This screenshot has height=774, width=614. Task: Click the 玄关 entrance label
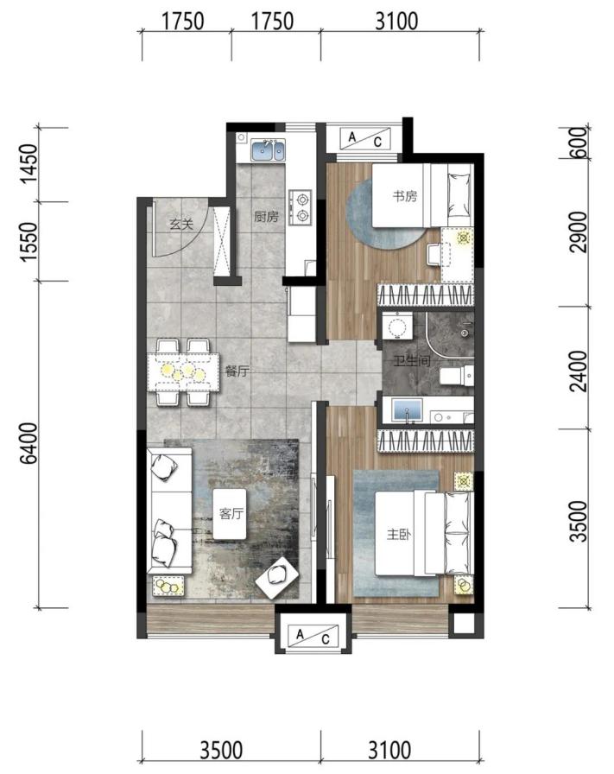pos(180,225)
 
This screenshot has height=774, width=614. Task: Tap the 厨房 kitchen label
pos(266,216)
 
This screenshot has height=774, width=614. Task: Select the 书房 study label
pos(405,196)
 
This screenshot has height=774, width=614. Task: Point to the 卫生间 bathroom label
pos(412,361)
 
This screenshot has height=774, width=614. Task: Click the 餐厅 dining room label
pos(237,371)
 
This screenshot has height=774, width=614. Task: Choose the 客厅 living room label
pos(231,513)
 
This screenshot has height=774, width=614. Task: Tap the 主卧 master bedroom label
pos(399,534)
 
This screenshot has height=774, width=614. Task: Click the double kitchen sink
pos(268,150)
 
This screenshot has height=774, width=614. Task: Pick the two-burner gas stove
pos(301,206)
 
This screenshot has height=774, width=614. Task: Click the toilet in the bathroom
pos(457,375)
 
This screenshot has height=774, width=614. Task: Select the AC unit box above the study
pos(364,139)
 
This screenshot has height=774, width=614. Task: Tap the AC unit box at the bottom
pos(313,635)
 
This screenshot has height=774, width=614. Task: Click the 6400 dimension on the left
pos(29,443)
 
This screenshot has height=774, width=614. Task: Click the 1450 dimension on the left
pos(29,164)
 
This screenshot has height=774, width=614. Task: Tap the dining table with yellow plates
pos(183,371)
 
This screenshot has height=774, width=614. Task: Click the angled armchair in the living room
pos(277,578)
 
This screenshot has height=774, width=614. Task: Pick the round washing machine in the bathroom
pos(397,327)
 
